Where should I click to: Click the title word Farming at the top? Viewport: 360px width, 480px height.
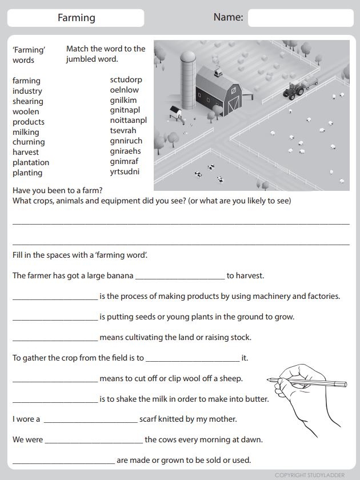pos(76,18)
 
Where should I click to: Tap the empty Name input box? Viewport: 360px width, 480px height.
pos(301,18)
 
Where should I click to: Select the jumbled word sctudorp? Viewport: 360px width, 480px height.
pos(126,79)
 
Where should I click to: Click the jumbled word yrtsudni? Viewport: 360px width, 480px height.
pos(125,171)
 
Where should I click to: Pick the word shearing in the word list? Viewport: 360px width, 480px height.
pos(28,101)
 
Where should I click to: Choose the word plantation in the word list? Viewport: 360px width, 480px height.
pos(31,162)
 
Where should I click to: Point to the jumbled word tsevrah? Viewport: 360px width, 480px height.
pos(123,130)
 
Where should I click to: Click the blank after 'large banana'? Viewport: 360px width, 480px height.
pos(180,275)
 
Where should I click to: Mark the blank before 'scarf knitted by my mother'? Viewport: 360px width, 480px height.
pos(90,419)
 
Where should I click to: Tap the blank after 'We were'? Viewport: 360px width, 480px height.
pos(94,440)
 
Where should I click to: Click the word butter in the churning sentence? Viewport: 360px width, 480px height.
pos(257,399)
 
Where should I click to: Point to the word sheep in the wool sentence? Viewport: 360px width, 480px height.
pos(230,378)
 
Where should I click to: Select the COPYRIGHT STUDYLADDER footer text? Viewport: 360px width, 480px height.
pos(309,475)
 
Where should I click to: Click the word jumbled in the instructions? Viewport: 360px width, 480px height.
pos(82,59)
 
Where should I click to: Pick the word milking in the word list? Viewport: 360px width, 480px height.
pos(26,132)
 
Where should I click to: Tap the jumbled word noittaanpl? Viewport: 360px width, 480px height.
pos(129,120)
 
